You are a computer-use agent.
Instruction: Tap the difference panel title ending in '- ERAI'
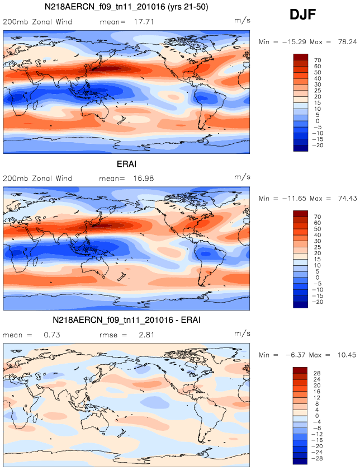click(126, 319)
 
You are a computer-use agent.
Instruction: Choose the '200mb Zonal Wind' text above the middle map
click(37, 178)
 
